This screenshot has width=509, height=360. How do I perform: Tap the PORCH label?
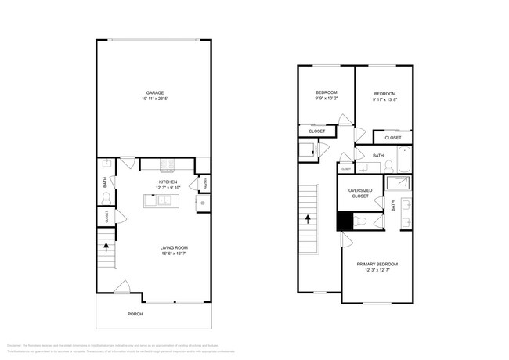135,315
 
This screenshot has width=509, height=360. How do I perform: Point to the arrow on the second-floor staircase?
309,220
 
